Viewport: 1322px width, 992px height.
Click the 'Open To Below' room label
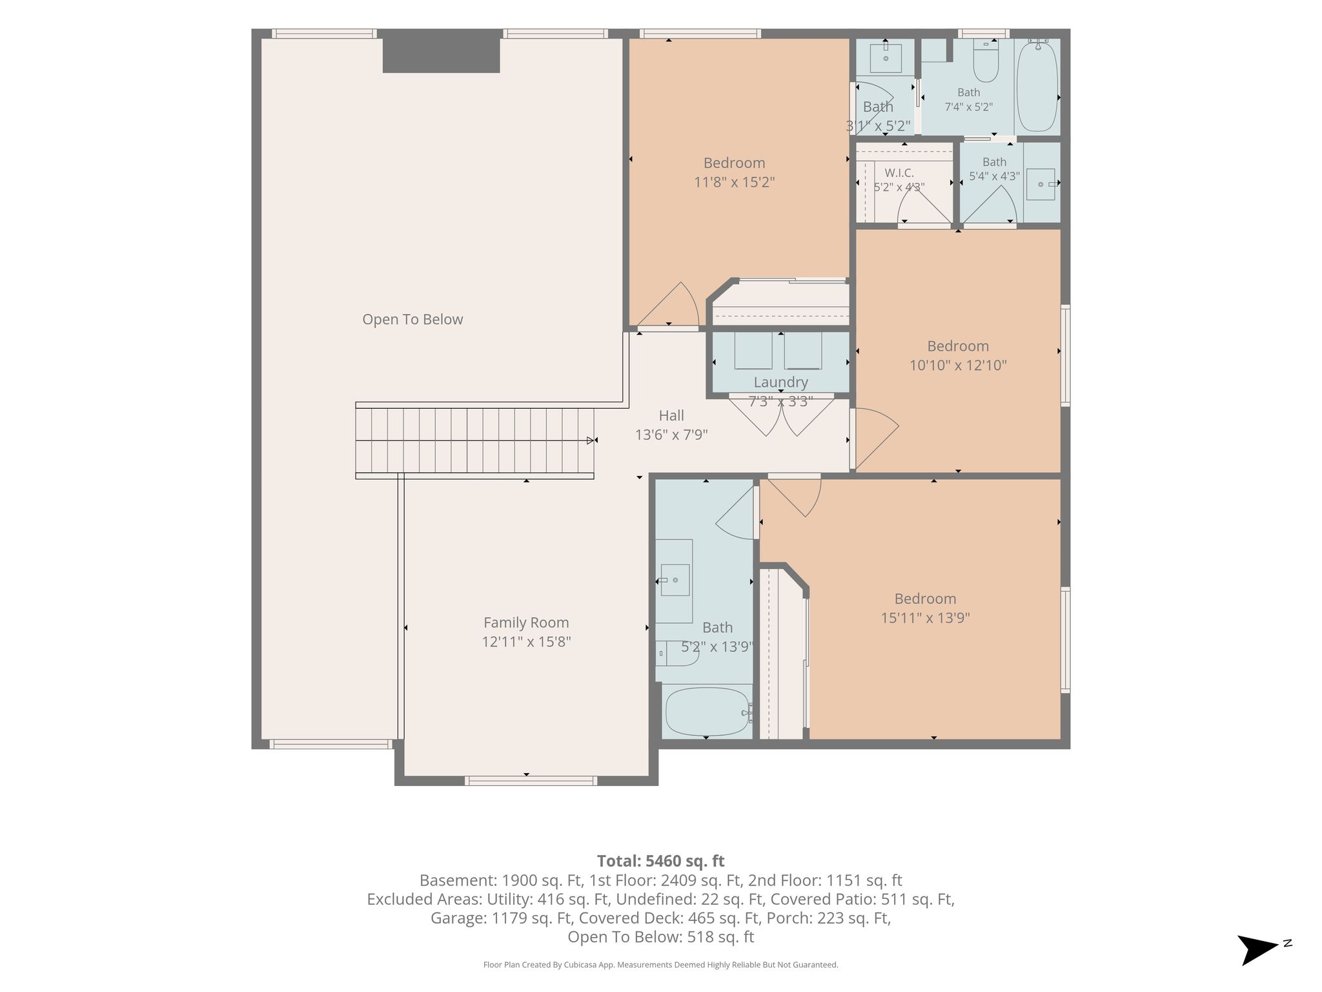click(x=412, y=320)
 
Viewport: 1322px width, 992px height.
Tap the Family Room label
click(x=526, y=623)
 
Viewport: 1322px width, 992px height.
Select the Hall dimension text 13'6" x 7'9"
click(x=671, y=435)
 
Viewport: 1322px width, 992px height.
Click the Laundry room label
click(x=780, y=382)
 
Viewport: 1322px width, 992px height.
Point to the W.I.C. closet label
click(x=899, y=173)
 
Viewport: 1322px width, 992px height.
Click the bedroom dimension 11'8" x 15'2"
click(x=734, y=182)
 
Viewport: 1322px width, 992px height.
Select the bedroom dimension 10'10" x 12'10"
click(x=958, y=366)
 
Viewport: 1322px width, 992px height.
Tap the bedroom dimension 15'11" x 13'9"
click(x=925, y=618)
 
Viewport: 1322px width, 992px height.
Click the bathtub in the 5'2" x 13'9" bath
click(x=707, y=711)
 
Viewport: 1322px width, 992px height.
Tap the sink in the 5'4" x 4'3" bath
click(x=1041, y=184)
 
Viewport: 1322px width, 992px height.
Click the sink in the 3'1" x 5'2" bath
click(x=886, y=57)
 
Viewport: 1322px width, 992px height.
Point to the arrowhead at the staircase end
click(x=591, y=440)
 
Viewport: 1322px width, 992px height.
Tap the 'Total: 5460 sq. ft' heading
click(x=660, y=861)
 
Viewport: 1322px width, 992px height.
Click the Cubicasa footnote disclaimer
click(x=660, y=965)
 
